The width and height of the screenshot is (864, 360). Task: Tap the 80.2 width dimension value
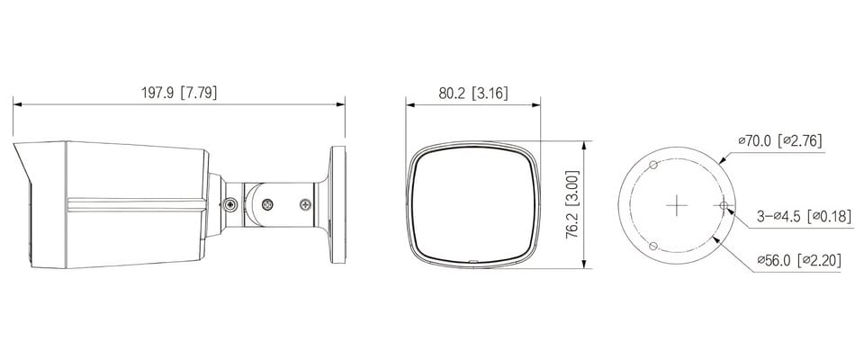(x=452, y=93)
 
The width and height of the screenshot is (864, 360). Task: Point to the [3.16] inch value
(x=490, y=93)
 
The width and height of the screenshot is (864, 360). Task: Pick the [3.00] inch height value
(x=572, y=187)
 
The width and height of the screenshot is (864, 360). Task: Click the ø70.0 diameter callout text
(x=757, y=141)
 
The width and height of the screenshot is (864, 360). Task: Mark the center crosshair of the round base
(x=676, y=205)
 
